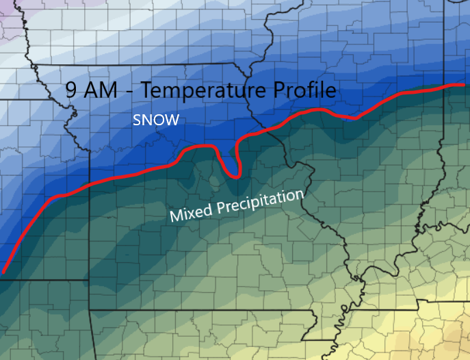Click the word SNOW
point(156,120)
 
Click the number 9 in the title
point(70,90)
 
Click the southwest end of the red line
point(4,272)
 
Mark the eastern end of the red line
point(464,85)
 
